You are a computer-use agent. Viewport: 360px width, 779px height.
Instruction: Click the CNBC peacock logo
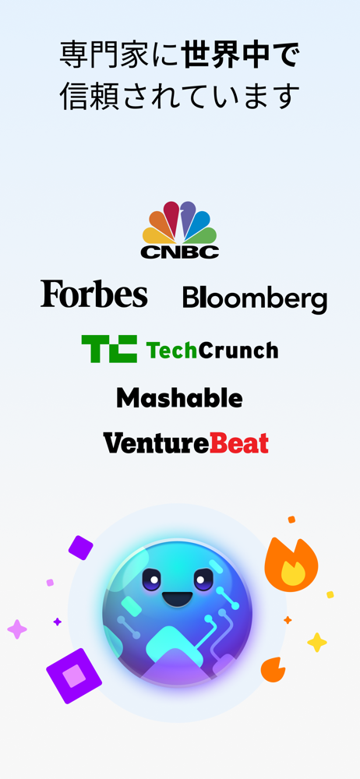click(179, 230)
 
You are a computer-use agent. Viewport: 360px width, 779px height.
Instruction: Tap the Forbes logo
click(94, 294)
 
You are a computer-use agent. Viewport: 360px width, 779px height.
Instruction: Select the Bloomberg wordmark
click(255, 299)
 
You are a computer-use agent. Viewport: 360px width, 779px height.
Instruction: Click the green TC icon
click(109, 349)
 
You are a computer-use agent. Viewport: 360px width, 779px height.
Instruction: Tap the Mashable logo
click(179, 397)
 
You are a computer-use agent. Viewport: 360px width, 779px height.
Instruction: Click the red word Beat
click(239, 442)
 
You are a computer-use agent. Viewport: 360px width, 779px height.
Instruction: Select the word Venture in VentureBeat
click(156, 442)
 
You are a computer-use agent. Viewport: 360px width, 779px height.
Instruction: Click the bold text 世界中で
click(240, 55)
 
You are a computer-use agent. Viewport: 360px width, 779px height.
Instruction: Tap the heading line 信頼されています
click(179, 96)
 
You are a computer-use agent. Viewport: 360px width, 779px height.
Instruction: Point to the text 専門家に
click(120, 55)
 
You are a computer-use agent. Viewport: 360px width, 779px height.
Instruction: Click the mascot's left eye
click(152, 580)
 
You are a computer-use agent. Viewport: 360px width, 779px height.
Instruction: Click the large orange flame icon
click(291, 564)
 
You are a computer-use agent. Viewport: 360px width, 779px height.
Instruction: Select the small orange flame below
click(273, 669)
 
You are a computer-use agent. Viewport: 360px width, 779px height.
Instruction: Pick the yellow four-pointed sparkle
click(316, 643)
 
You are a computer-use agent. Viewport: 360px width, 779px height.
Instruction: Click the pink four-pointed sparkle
click(17, 629)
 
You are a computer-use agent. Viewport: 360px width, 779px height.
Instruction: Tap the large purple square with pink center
click(74, 675)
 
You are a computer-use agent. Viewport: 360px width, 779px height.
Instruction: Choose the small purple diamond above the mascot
click(80, 548)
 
